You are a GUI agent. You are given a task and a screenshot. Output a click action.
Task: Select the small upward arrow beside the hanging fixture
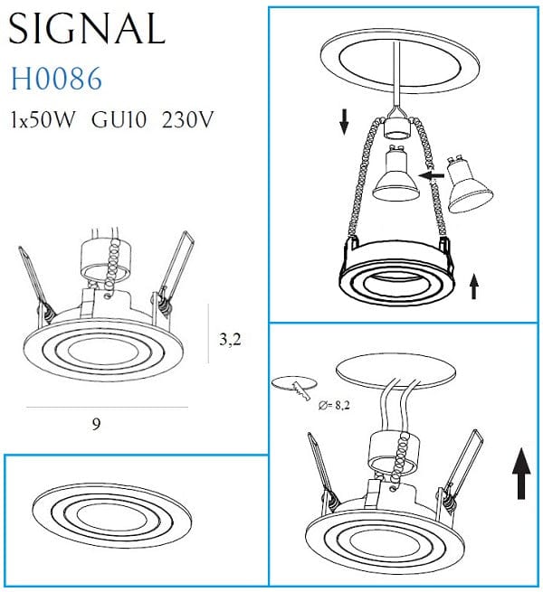pos(474,287)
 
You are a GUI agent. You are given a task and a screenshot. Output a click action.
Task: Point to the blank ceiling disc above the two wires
pos(396,370)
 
